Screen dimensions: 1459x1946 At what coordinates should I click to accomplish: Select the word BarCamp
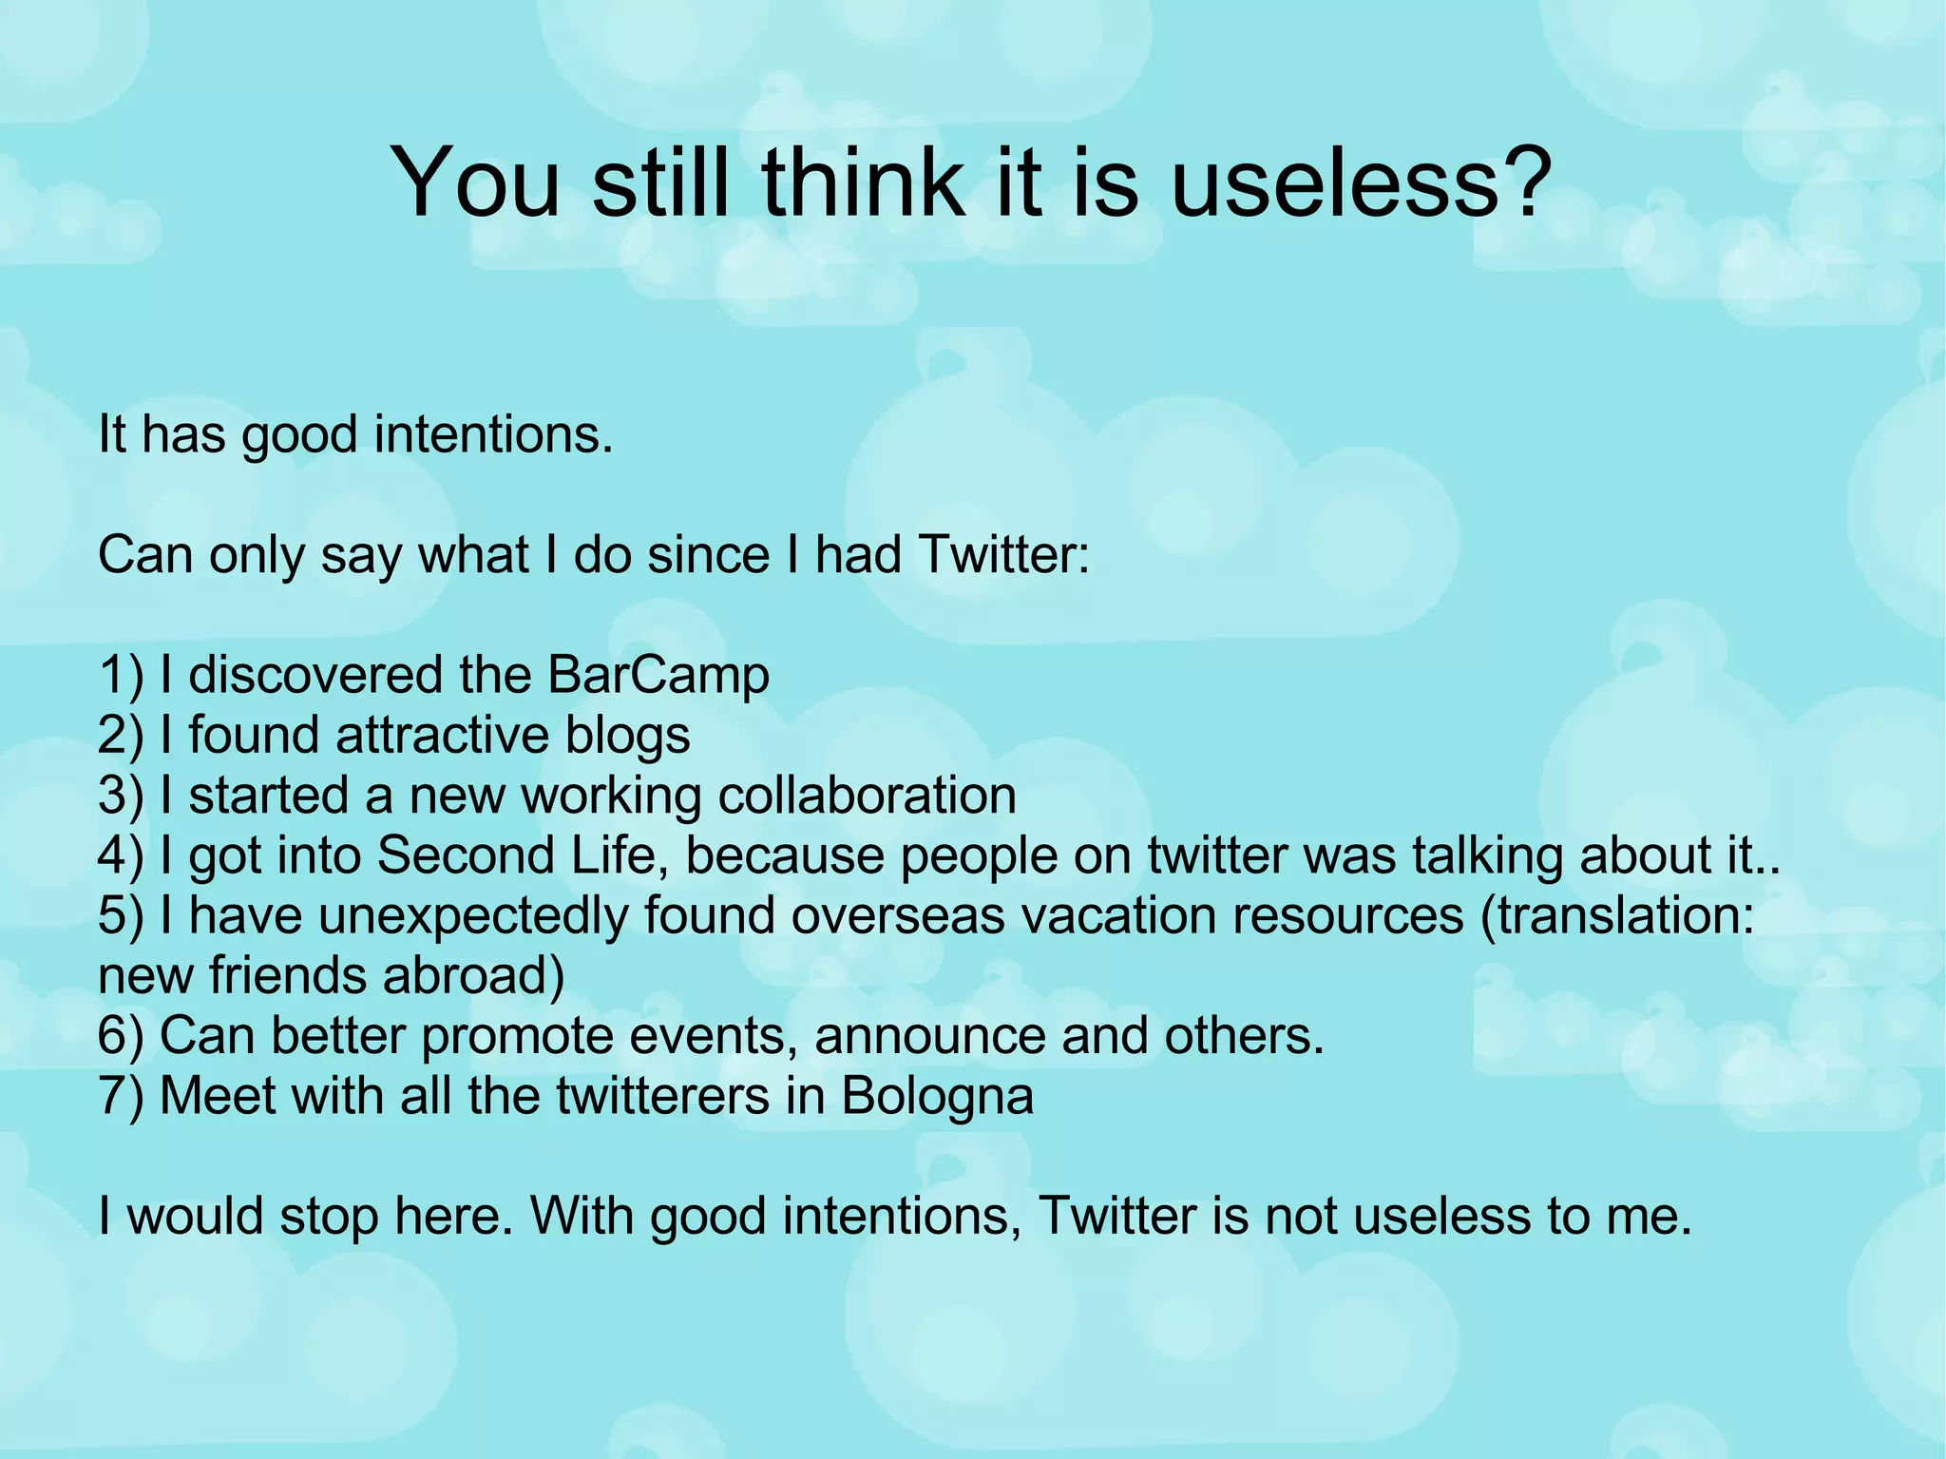(658, 676)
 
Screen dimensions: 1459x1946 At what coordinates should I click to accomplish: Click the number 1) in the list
(120, 676)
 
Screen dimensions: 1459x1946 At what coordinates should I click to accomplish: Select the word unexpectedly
(472, 916)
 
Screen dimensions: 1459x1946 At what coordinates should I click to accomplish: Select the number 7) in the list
(120, 1096)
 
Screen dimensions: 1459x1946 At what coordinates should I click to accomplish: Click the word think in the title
(862, 182)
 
